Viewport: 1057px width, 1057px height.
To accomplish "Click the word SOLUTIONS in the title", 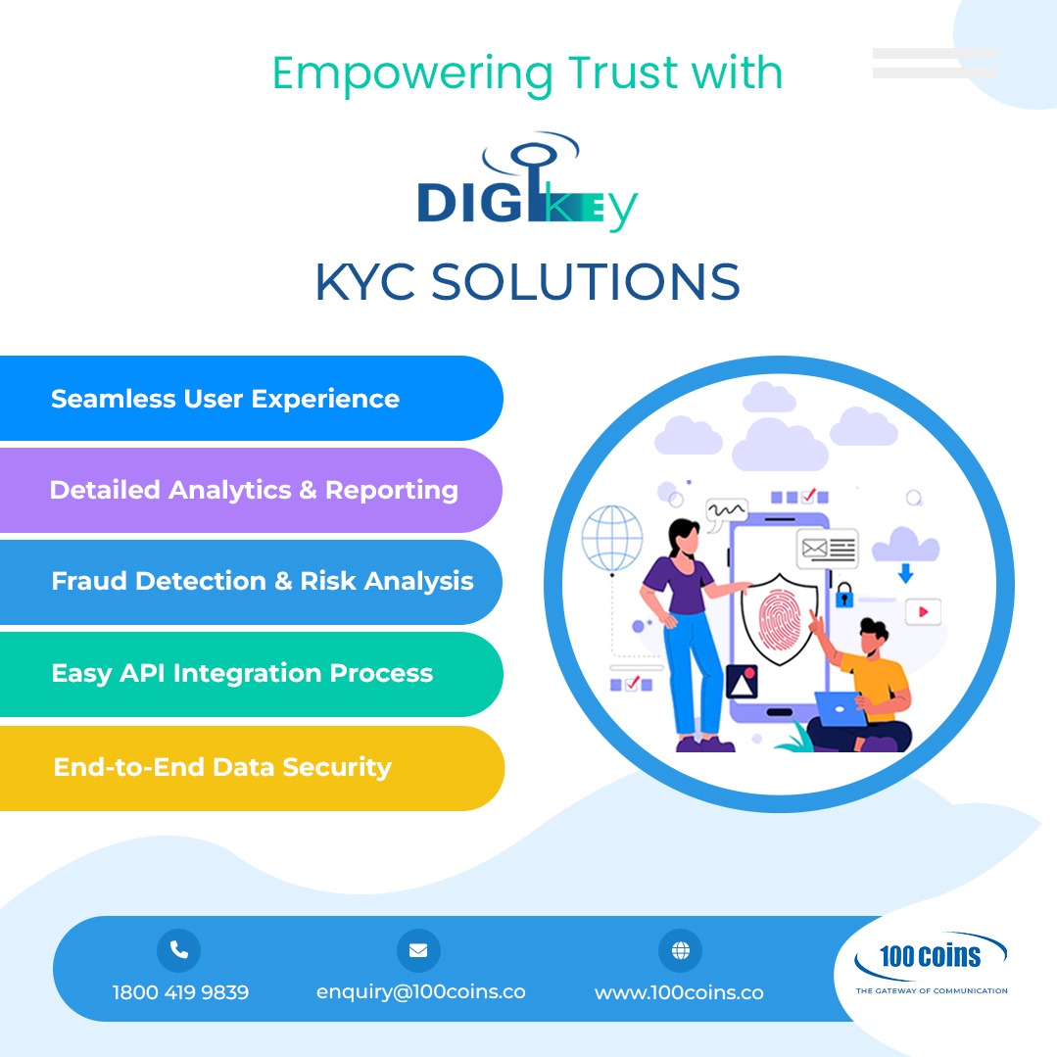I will click(x=585, y=282).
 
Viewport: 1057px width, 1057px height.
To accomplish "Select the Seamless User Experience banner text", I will click(x=225, y=399).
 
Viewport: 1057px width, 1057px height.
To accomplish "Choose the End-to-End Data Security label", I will click(x=222, y=766).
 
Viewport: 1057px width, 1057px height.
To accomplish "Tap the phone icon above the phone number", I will click(x=178, y=949).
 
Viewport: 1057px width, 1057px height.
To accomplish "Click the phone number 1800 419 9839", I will click(x=180, y=992).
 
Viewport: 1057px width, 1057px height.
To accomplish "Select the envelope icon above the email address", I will click(x=418, y=949).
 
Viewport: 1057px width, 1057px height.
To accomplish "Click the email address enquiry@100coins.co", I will click(x=420, y=991).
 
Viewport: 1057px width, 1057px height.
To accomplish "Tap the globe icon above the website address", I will click(x=680, y=949).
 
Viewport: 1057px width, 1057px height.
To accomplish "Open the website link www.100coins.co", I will click(x=679, y=992).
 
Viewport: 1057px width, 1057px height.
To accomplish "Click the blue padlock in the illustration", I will click(x=843, y=594).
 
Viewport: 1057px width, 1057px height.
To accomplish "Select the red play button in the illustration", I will click(x=922, y=612).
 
